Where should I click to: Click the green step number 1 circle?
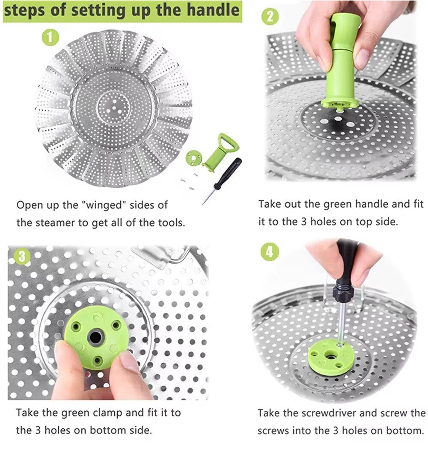click(51, 38)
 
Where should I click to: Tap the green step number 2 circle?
click(270, 17)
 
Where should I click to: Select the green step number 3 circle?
click(22, 256)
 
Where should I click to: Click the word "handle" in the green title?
click(213, 10)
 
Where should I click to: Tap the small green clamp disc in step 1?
click(193, 158)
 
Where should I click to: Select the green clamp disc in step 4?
click(328, 358)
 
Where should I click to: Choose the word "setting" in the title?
click(98, 11)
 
